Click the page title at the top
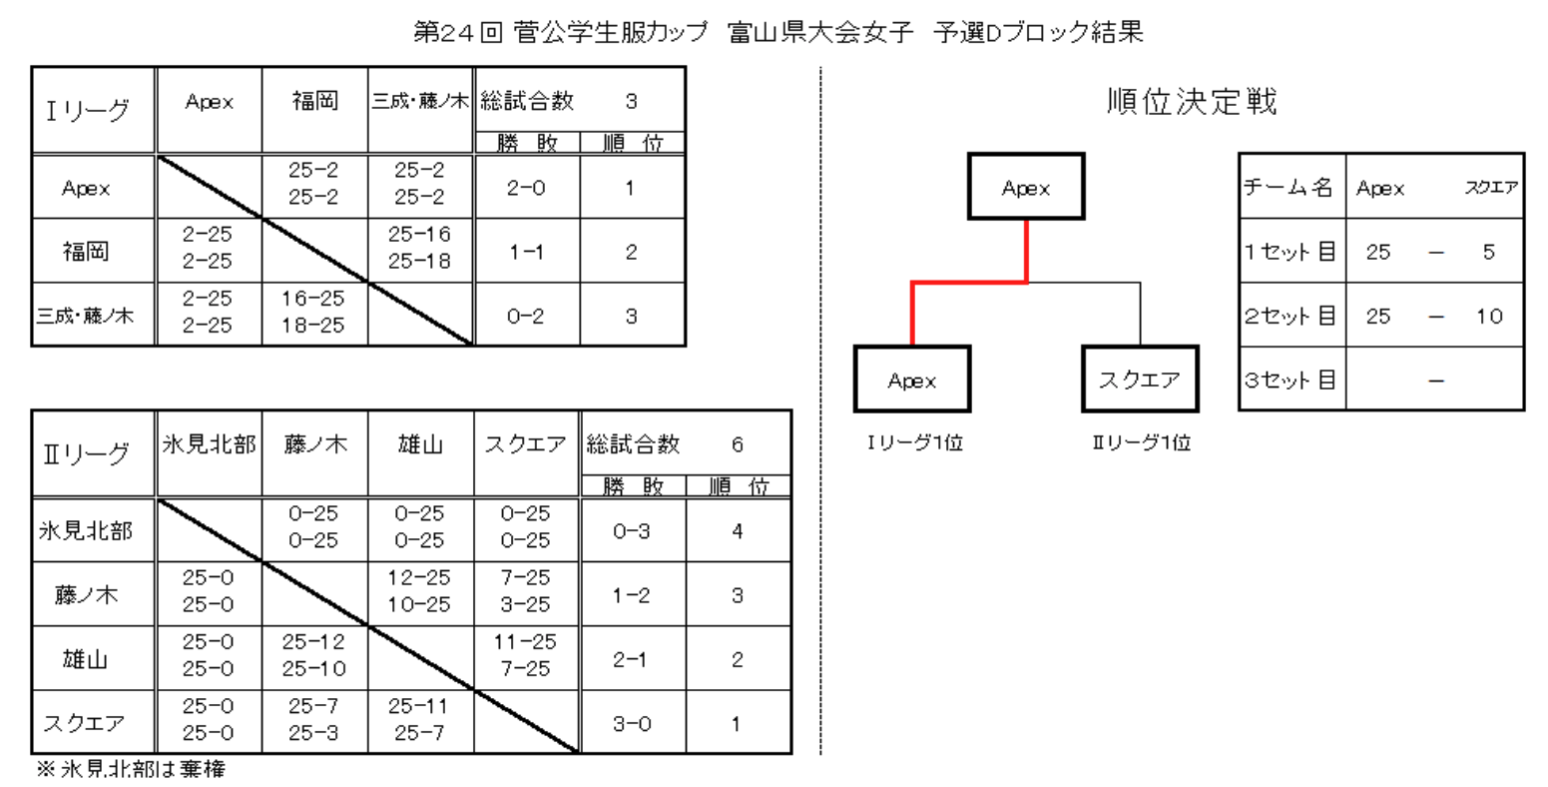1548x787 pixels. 778,32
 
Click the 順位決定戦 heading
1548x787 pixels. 1192,102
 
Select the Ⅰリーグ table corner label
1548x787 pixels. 88,111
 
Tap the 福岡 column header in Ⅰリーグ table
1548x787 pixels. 314,101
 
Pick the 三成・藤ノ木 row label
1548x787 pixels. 85,316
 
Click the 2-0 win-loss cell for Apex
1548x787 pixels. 526,188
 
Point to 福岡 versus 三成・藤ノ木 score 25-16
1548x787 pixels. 419,236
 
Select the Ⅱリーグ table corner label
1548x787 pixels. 88,453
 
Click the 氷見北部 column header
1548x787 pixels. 210,444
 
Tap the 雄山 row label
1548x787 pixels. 86,659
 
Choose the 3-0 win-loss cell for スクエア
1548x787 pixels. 632,723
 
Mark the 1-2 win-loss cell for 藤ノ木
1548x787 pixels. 632,595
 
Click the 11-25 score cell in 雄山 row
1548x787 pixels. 525,642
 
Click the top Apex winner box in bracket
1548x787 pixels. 1026,187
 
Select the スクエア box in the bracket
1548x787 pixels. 1139,380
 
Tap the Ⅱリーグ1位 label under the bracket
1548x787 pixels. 1140,443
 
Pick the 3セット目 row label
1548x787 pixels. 1290,380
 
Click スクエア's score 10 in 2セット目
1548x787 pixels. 1489,316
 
